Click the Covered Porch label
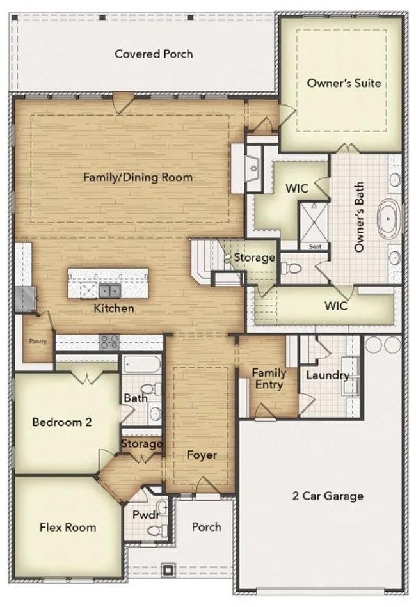(x=154, y=54)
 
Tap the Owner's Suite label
(x=344, y=83)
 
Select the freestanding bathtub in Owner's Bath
(x=389, y=218)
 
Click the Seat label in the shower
(x=316, y=246)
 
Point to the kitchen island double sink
(x=109, y=289)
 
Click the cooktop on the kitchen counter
(x=109, y=342)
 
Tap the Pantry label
(x=38, y=341)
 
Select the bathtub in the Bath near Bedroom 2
(x=141, y=364)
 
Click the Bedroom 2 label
(x=62, y=422)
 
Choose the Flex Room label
(x=68, y=527)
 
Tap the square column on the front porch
(x=168, y=570)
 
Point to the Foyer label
(x=202, y=455)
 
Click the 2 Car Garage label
(x=328, y=496)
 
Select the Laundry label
(x=328, y=375)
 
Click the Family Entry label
(x=269, y=379)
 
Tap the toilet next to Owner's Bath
(x=291, y=267)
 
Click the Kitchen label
(x=114, y=308)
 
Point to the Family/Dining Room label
(x=138, y=177)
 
